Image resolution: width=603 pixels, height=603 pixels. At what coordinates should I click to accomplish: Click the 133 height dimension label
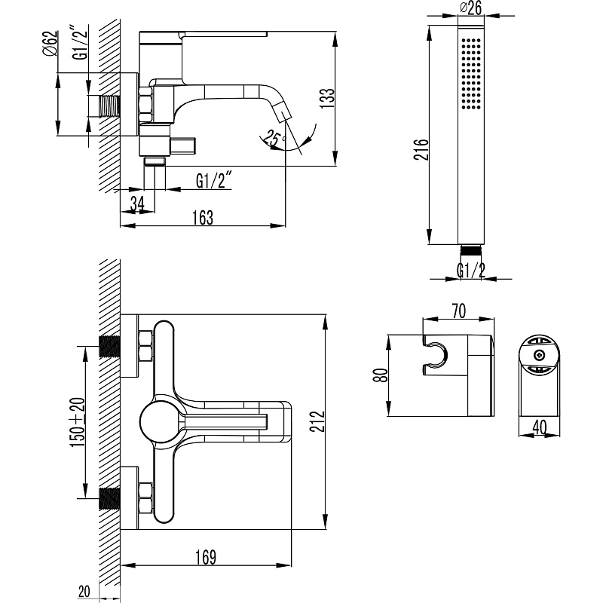point(326,98)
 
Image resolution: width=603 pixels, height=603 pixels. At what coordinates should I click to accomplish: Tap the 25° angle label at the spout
point(272,137)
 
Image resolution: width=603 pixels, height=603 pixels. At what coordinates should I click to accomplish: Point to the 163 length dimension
point(203,218)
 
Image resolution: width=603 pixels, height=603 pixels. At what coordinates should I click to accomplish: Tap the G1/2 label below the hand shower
point(471,269)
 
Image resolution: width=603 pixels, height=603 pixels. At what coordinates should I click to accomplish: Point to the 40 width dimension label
point(540,426)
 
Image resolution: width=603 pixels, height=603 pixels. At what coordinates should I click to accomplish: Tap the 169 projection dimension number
point(205,558)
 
